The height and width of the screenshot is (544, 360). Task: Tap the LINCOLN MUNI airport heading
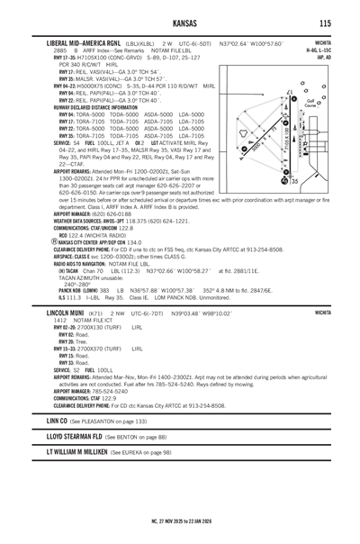click(66, 313)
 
